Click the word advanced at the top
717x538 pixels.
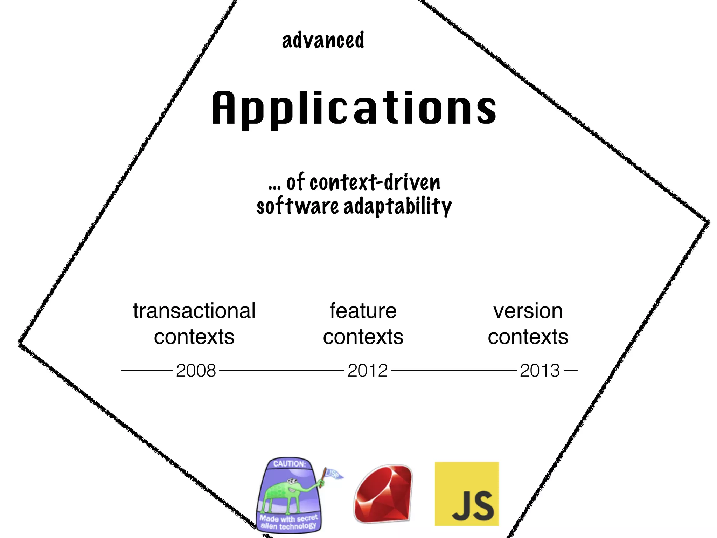pos(323,40)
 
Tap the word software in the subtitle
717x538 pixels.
pos(297,207)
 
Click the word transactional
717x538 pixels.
pos(194,311)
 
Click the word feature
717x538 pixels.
pos(363,311)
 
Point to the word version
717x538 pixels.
pos(528,311)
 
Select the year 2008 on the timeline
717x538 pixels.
pos(196,370)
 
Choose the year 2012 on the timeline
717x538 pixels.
pos(368,370)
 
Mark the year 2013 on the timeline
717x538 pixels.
pos(540,370)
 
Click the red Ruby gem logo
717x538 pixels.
pos(383,494)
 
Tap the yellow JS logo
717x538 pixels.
pos(467,494)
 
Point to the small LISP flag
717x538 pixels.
pos(333,474)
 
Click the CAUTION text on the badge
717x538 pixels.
pos(290,464)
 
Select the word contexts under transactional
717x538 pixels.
pos(194,337)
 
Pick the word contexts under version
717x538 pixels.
pos(528,337)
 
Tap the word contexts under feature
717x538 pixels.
pos(363,337)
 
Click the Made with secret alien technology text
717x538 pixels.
pos(288,522)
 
